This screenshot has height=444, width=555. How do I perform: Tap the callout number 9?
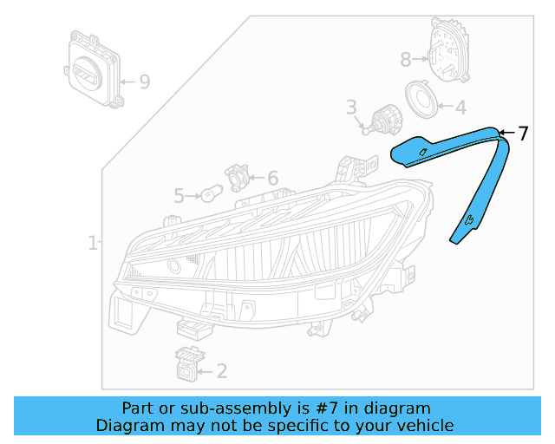[x=144, y=82]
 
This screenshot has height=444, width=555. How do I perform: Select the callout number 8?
[x=406, y=60]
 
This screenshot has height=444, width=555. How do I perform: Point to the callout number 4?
[x=460, y=108]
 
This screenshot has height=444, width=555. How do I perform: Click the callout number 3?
[x=351, y=108]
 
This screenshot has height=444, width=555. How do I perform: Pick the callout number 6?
[x=272, y=179]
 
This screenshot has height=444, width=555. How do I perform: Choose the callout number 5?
[x=179, y=196]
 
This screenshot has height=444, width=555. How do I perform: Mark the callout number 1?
[x=93, y=244]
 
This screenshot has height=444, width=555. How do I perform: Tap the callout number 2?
[x=222, y=372]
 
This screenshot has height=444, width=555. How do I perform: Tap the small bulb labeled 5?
[x=210, y=194]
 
